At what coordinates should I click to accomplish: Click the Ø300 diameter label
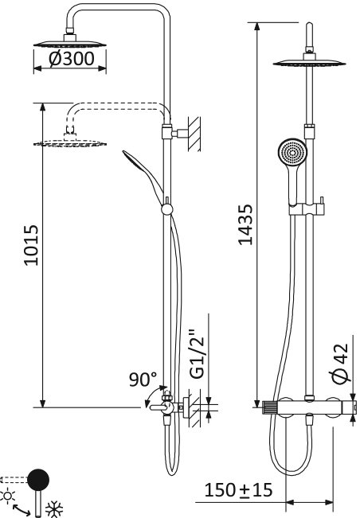tap(71, 60)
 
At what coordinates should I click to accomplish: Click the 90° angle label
tap(143, 380)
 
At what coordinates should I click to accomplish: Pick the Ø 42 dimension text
tap(338, 364)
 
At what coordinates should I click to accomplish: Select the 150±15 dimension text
tap(238, 489)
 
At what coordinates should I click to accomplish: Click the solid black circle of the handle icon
tap(37, 479)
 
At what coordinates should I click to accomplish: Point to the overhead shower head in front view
tap(307, 64)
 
